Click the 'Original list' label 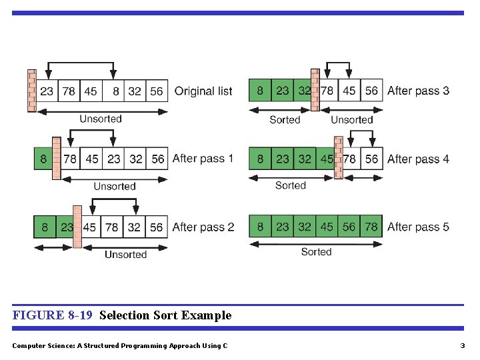pos(203,91)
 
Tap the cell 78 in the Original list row pos(69,91)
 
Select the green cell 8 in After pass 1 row pos(43,159)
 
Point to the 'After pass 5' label pos(418,227)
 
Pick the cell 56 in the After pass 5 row pos(349,227)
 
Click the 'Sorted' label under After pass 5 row pos(316,252)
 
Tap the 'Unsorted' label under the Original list pos(101,119)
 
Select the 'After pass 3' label pos(418,91)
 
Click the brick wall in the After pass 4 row pos(339,158)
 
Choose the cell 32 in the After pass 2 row pos(135,227)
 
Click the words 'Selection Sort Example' pos(165,315)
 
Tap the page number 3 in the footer pos(462,345)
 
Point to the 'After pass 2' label pos(203,227)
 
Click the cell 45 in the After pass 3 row pos(349,91)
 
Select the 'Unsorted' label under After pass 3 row pos(351,120)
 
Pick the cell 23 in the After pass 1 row pos(114,159)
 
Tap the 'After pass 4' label pos(418,159)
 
